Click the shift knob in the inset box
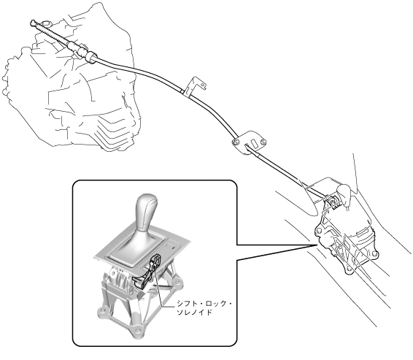coord(146,213)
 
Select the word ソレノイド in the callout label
coord(194,313)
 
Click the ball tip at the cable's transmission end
coord(33,23)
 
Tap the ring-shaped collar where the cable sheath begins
coord(89,57)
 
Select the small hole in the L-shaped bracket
coord(203,85)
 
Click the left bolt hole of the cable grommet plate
coord(235,142)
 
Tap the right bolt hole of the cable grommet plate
coord(263,142)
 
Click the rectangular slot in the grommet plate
coord(255,144)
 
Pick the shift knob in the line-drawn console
coord(344,194)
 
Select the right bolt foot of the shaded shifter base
coord(178,283)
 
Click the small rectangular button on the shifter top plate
coord(171,246)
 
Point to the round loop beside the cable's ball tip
coord(47,23)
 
